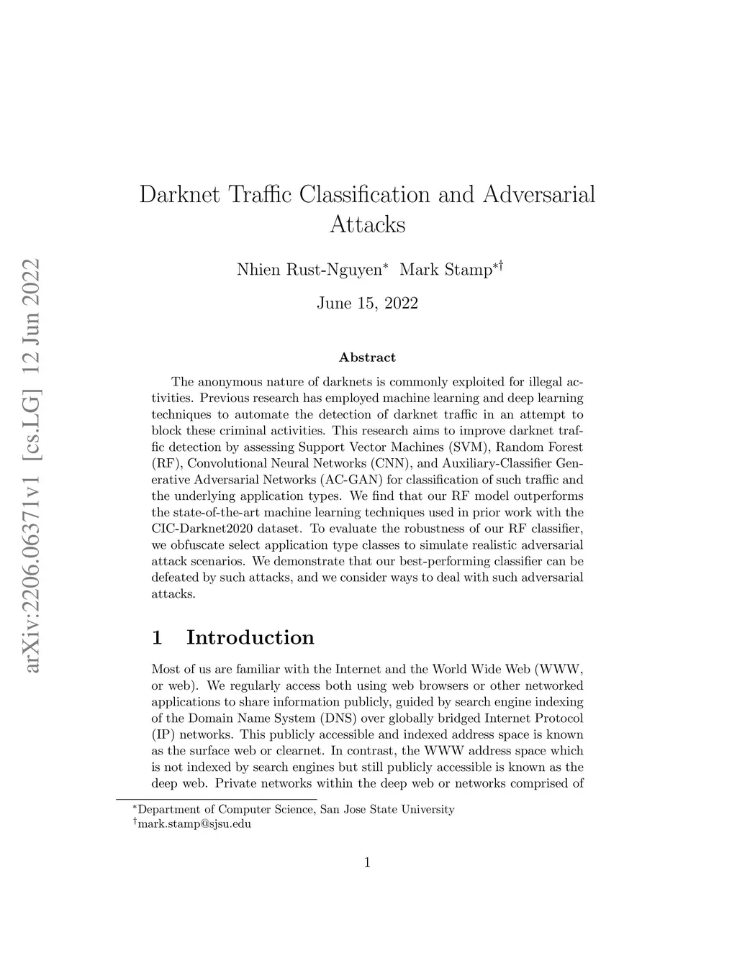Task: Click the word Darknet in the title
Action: pyautogui.click(x=179, y=194)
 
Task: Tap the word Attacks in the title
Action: pyautogui.click(x=367, y=224)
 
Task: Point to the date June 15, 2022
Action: pyautogui.click(x=367, y=303)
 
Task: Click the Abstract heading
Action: pyautogui.click(x=367, y=357)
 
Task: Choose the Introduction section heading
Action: pyautogui.click(x=250, y=637)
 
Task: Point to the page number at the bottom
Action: pyautogui.click(x=367, y=862)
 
